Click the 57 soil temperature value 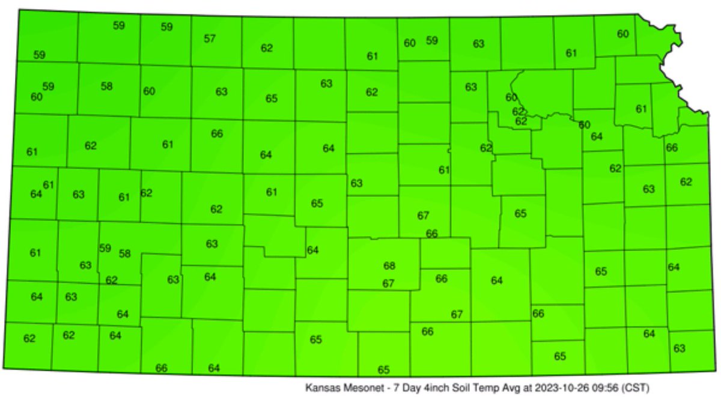click(x=209, y=39)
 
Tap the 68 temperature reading click(x=389, y=265)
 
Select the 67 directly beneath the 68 click(x=388, y=283)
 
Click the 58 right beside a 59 click(x=124, y=253)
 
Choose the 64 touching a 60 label click(x=596, y=136)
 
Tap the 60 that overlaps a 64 click(x=584, y=125)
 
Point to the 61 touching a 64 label click(x=49, y=185)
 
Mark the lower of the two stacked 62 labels click(x=521, y=121)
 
